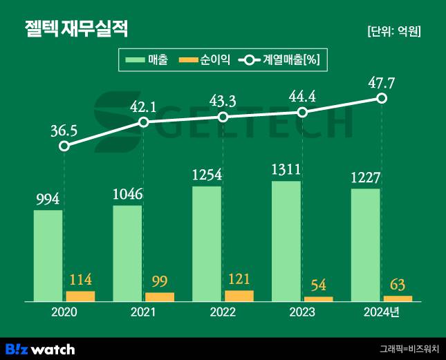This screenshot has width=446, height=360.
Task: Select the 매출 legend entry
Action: point(146,61)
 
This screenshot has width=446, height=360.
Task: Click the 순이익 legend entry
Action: point(204,61)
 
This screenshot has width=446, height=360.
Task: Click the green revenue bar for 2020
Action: point(48,256)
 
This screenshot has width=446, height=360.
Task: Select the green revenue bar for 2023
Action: point(286,241)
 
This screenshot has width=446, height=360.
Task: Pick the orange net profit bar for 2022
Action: point(239,296)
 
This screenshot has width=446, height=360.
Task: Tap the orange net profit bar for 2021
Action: point(160,297)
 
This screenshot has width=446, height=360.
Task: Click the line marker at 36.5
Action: point(64,146)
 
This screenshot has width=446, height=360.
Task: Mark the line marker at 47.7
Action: point(382,98)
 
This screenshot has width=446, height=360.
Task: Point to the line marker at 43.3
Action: point(223,117)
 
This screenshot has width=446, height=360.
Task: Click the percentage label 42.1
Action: point(143,106)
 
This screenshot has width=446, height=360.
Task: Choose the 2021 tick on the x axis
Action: point(143,312)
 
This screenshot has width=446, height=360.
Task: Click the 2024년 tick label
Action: point(382,312)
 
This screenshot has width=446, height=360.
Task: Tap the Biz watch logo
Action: point(39,348)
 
